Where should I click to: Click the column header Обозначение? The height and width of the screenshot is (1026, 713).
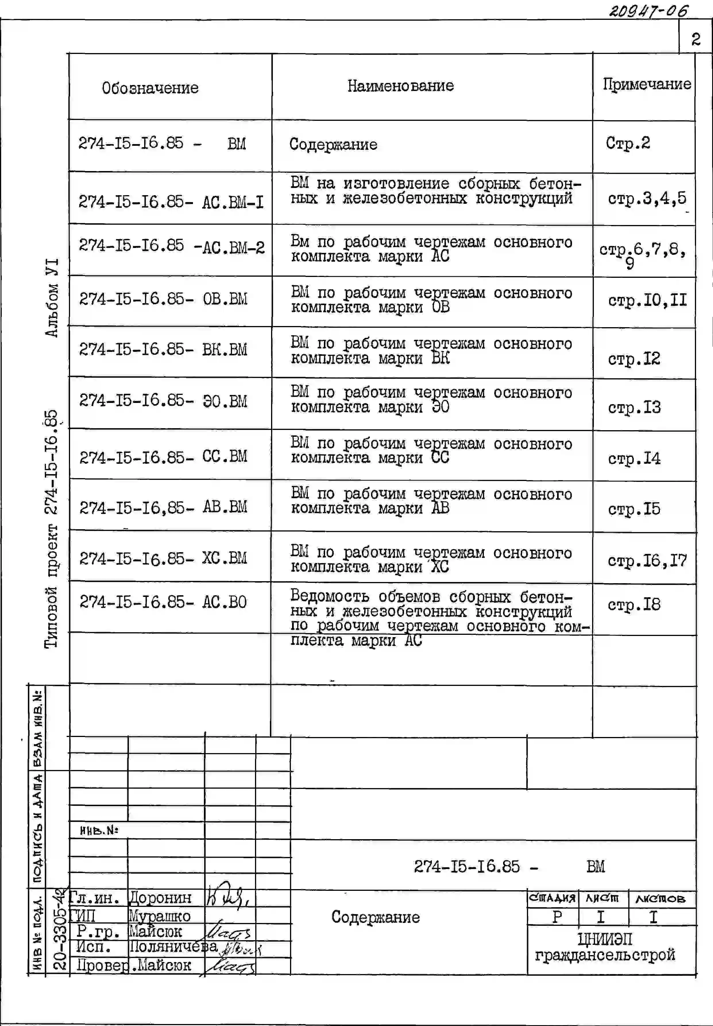[150, 88]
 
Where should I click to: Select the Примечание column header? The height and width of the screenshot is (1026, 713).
[646, 84]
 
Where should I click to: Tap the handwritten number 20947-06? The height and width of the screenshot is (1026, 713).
[649, 10]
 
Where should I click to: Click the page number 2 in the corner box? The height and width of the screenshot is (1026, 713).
[695, 39]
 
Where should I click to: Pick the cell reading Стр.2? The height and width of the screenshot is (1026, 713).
[628, 143]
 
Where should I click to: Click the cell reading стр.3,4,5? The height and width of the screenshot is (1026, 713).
[646, 198]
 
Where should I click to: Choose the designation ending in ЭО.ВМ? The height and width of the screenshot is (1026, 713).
[163, 400]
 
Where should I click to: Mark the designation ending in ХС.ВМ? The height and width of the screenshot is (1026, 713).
[163, 558]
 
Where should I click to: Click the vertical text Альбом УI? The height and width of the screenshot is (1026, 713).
[52, 297]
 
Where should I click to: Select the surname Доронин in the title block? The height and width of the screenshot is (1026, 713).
[160, 897]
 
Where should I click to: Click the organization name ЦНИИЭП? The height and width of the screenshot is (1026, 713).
[605, 939]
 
